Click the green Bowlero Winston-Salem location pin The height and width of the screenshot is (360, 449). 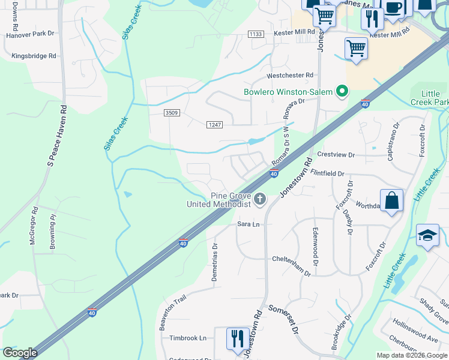tap(342, 92)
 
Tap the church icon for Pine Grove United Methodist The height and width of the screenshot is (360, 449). tap(260, 199)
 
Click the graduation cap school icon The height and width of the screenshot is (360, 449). tap(427, 236)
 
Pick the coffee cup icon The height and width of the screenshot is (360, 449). tap(394, 8)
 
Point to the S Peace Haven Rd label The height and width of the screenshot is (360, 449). tap(57, 135)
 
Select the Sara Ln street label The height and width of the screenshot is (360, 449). tap(249, 224)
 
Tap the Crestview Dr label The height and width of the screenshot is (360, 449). tap(336, 155)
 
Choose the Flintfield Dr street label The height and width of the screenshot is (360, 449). tap(328, 173)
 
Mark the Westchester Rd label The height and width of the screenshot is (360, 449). tap(291, 75)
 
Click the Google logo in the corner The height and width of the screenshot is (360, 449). tap(19, 353)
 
